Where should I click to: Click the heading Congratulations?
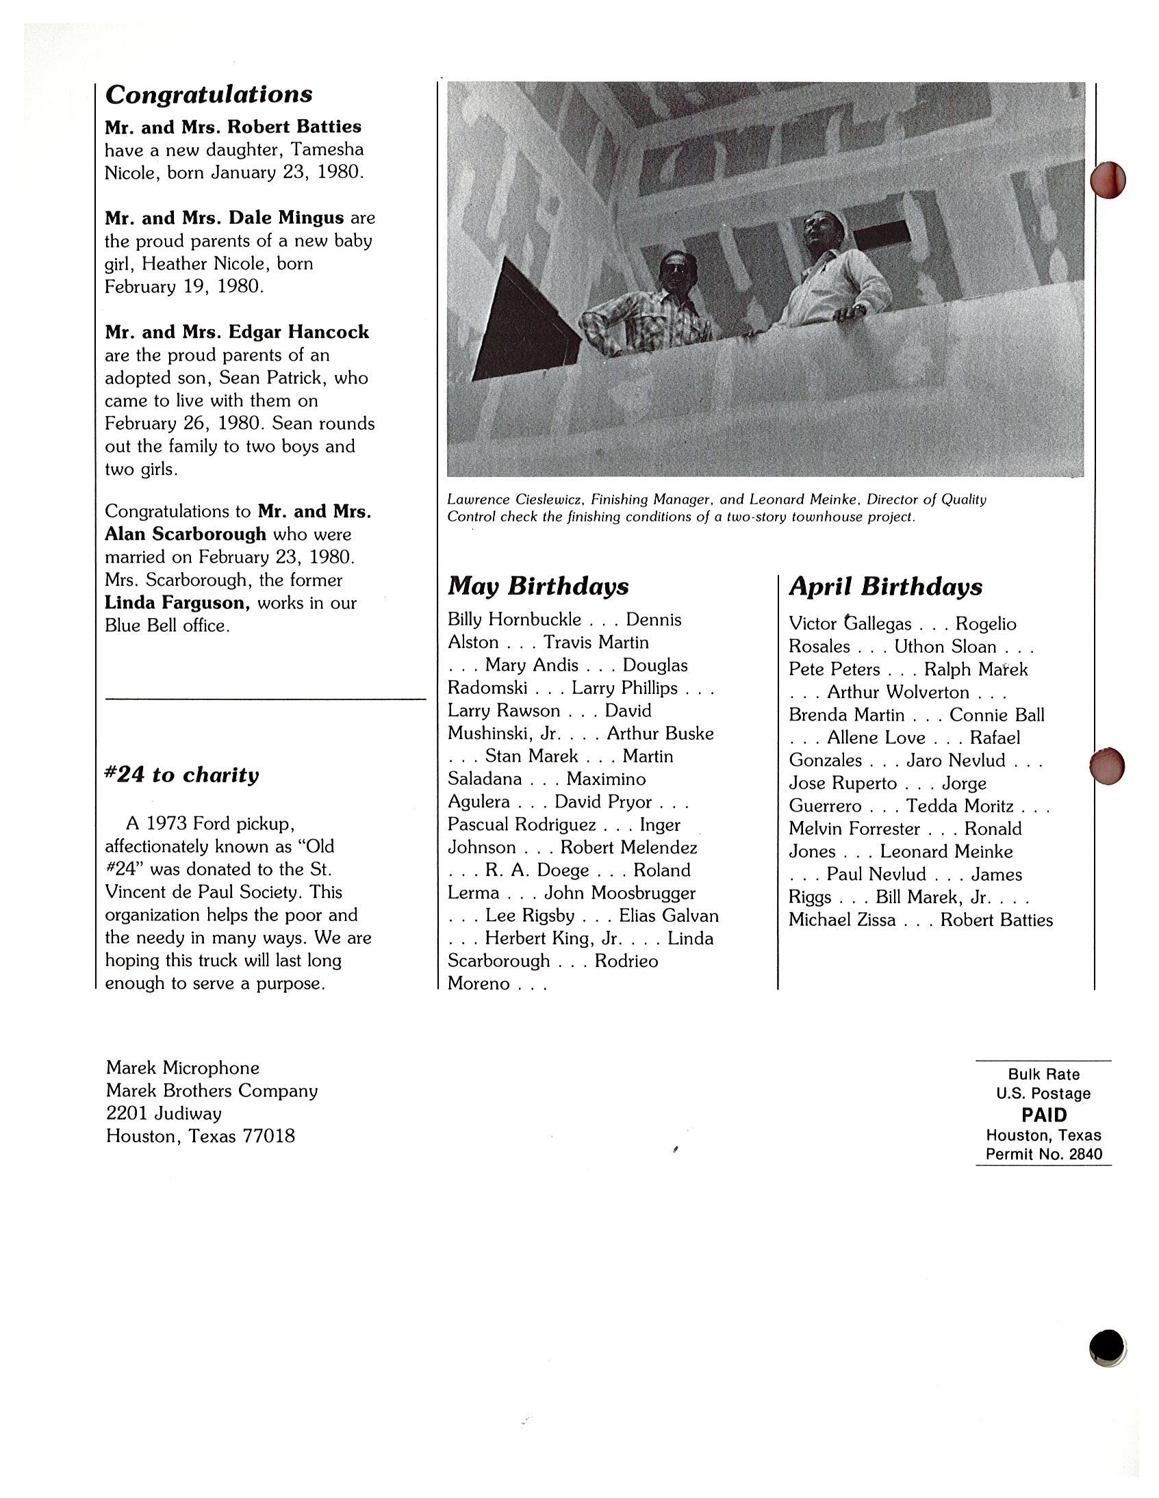(x=209, y=94)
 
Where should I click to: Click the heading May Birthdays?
(x=538, y=586)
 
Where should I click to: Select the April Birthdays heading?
(x=885, y=586)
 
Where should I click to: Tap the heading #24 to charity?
(x=182, y=775)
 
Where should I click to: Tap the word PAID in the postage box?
(x=1044, y=1115)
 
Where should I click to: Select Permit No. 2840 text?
(x=1044, y=1154)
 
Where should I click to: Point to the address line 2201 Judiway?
(x=164, y=1113)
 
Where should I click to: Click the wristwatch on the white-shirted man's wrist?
(x=859, y=311)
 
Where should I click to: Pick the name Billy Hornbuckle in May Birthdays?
(x=514, y=619)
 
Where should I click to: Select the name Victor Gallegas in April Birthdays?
(x=850, y=623)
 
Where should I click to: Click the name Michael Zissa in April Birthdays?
(x=841, y=920)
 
